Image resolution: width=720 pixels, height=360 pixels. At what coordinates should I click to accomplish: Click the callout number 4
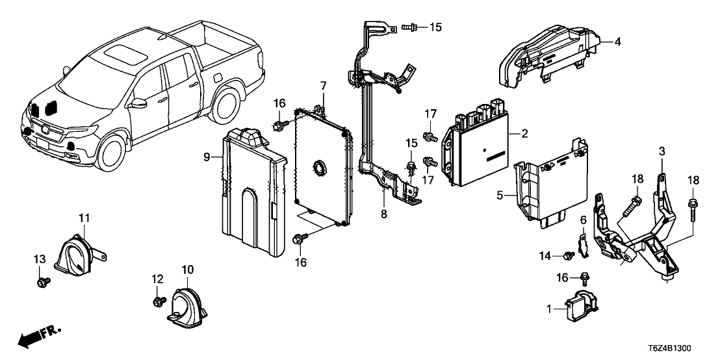[x=618, y=42]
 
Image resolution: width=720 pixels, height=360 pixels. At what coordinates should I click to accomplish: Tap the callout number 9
[x=206, y=157]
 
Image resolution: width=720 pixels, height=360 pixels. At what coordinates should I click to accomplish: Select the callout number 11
[x=84, y=217]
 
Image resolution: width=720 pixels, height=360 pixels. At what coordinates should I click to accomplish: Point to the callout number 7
[x=322, y=86]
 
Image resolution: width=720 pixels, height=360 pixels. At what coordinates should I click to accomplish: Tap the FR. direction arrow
[x=39, y=336]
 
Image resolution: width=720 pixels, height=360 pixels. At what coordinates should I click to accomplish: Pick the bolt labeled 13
[x=44, y=282]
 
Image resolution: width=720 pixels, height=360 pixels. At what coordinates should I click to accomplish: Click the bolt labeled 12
[x=160, y=302]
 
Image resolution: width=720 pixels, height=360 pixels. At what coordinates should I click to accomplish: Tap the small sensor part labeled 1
[x=575, y=309]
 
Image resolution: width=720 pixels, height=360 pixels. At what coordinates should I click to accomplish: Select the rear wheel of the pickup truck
[x=227, y=106]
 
